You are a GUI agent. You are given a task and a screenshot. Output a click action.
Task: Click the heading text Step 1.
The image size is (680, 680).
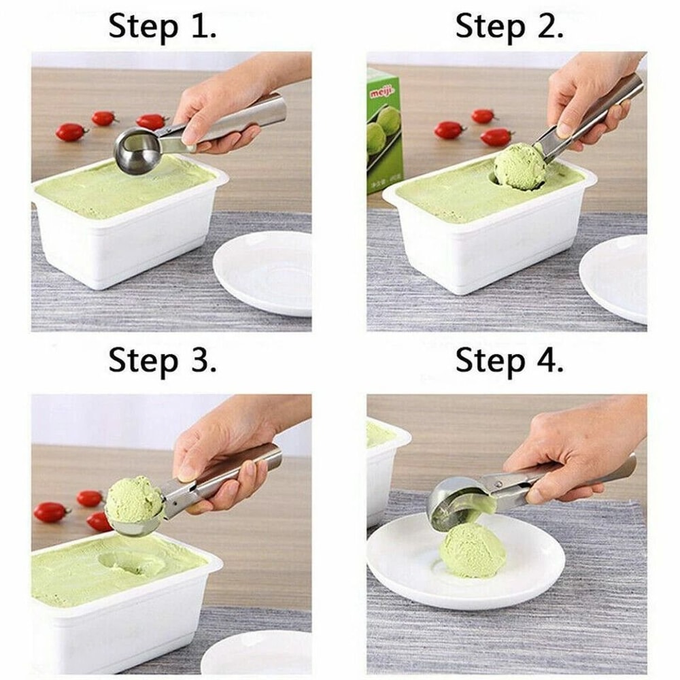163,27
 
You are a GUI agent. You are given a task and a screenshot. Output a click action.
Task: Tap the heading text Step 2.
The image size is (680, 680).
509,27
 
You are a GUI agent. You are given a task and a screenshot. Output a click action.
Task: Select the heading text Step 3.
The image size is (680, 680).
163,360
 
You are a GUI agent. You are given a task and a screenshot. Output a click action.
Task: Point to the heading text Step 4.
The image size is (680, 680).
509,360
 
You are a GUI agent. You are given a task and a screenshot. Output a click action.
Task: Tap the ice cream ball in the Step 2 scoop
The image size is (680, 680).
520,167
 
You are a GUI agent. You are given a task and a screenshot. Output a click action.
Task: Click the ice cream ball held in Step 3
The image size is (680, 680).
134,500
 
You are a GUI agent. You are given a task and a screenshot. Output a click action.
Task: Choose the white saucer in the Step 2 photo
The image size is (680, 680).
615,275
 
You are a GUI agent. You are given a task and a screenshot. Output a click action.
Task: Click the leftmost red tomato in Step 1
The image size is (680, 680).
71,132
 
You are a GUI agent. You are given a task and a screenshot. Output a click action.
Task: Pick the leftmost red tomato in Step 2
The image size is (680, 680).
449,130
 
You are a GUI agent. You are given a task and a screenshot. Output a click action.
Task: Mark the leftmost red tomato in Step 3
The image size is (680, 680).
51,512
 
